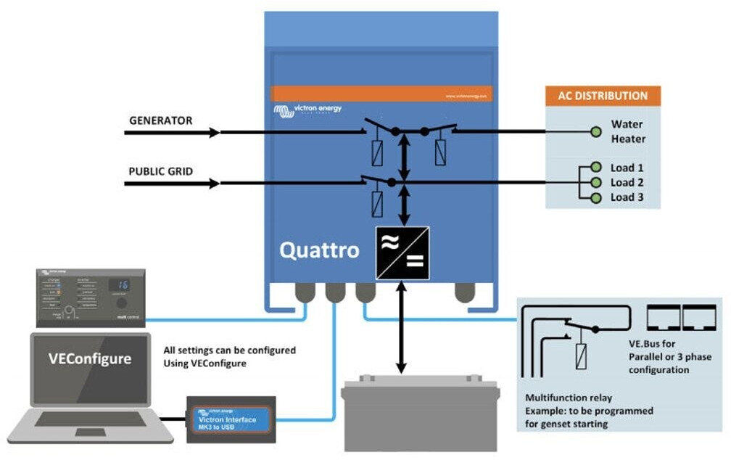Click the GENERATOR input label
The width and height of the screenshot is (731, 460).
(x=160, y=120)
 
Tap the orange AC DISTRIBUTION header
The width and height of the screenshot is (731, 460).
(x=602, y=96)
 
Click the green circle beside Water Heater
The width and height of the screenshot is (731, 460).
(x=595, y=131)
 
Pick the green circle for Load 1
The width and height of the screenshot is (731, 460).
(x=595, y=168)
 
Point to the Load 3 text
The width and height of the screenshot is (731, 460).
(x=627, y=197)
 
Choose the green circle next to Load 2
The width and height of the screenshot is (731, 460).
(x=595, y=183)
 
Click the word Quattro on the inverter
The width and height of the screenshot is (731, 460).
(x=319, y=251)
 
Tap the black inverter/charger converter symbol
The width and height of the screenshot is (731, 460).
(x=402, y=252)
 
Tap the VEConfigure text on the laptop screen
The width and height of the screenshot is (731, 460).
(x=90, y=358)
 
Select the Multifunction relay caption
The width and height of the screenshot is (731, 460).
(x=568, y=398)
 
